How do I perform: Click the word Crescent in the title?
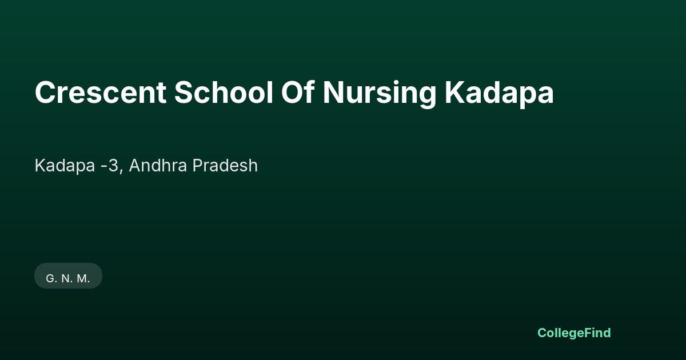101,93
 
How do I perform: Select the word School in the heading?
224,92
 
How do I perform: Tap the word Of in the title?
298,92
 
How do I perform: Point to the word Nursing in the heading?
380,94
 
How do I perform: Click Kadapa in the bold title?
499,94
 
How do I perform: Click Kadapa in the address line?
65,166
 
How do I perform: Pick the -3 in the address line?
110,166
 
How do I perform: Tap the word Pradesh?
225,165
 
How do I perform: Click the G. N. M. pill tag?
68,275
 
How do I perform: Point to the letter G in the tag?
50,279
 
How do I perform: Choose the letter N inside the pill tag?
66,279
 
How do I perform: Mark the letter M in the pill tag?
82,279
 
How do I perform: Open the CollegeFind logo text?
574,333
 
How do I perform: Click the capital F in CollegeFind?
588,333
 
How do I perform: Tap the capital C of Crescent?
45,93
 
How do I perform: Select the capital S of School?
184,93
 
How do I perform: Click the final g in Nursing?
427,97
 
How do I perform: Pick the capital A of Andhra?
135,165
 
